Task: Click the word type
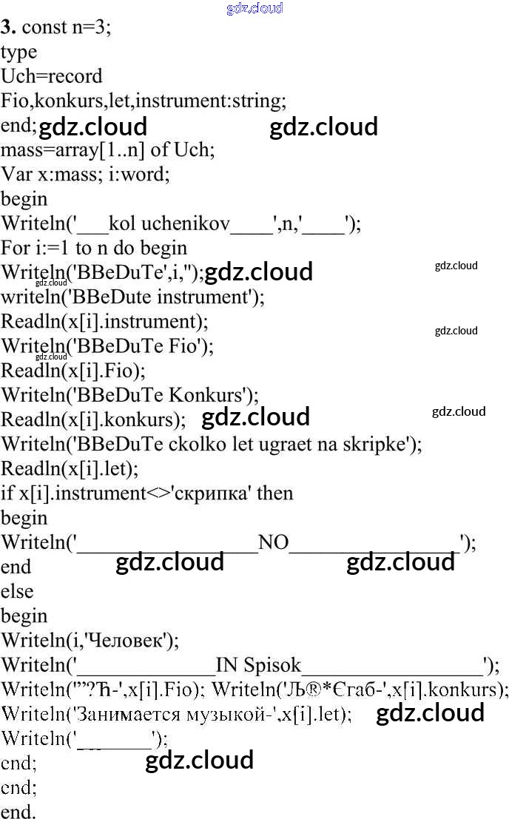coord(18,53)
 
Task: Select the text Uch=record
coord(52,76)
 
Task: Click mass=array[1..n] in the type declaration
coord(73,150)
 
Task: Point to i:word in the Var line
coord(139,174)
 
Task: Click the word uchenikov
coord(186,223)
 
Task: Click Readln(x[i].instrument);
coord(104,322)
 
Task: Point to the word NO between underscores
coord(273,543)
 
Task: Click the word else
coord(17,591)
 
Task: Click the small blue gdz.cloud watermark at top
coord(254,8)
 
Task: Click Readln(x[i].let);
coord(70,469)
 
